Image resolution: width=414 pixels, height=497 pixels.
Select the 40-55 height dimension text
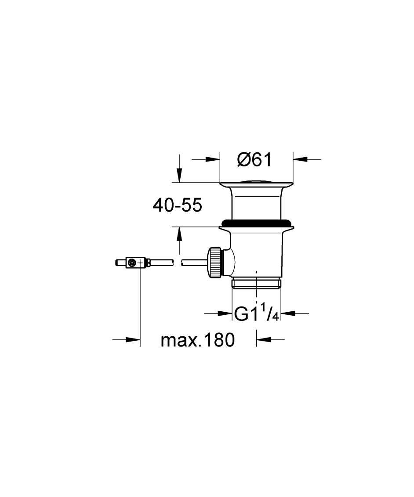pyautogui.click(x=177, y=205)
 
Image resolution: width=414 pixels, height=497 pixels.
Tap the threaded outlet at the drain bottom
pyautogui.click(x=256, y=284)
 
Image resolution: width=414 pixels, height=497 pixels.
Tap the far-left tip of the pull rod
pyautogui.click(x=115, y=263)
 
